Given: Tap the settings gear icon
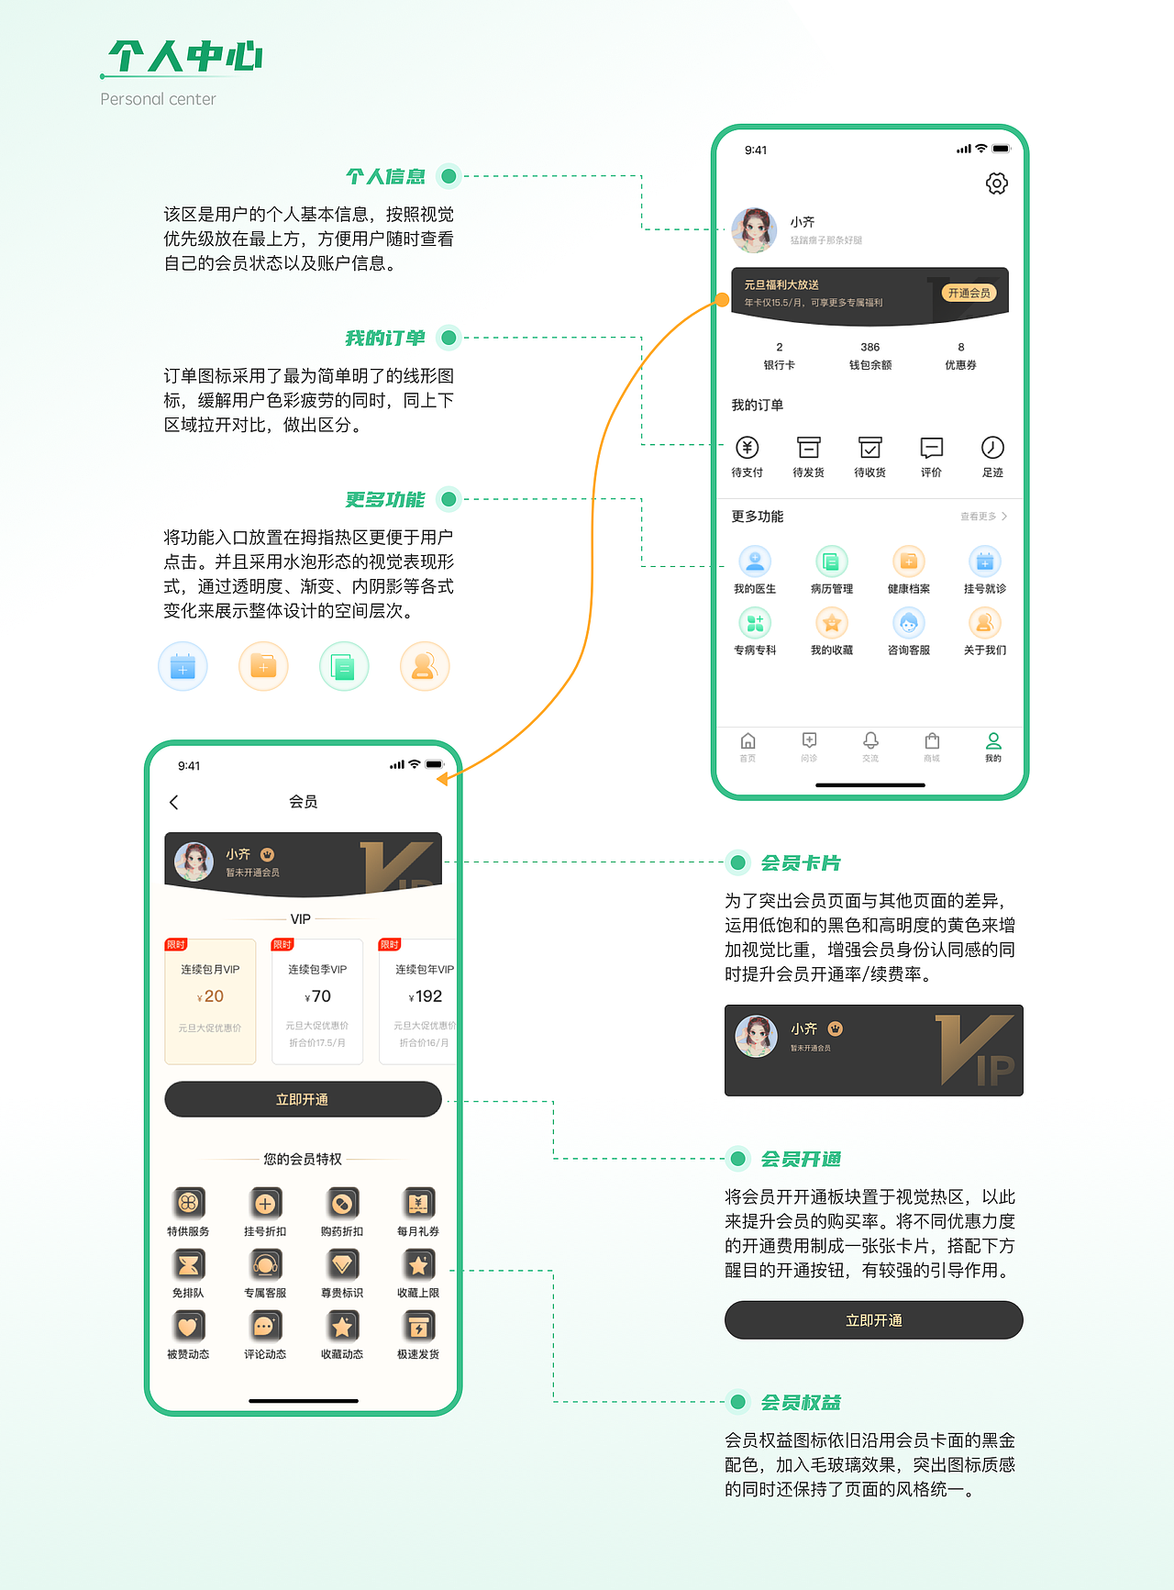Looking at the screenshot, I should tap(996, 183).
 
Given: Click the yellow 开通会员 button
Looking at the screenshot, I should tap(969, 293).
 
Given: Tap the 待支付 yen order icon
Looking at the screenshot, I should tap(748, 448).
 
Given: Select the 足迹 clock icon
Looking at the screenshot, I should tap(992, 448).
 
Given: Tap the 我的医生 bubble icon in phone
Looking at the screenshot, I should tap(755, 562).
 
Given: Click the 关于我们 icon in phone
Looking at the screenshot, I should tap(984, 623).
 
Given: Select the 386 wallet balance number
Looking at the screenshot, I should tap(869, 347).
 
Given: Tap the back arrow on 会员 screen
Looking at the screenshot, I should tap(174, 802).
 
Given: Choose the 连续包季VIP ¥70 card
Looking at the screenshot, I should tap(317, 1001).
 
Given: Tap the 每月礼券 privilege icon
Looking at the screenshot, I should tap(418, 1203).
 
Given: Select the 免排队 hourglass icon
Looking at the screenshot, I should tap(188, 1264).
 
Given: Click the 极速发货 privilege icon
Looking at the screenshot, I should tap(418, 1326).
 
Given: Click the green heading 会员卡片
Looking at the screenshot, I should tap(800, 862).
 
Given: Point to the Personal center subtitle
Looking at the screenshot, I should tap(158, 99).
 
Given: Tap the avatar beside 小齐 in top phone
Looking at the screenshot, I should tap(754, 229).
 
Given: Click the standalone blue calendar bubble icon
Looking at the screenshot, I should tap(183, 666).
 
